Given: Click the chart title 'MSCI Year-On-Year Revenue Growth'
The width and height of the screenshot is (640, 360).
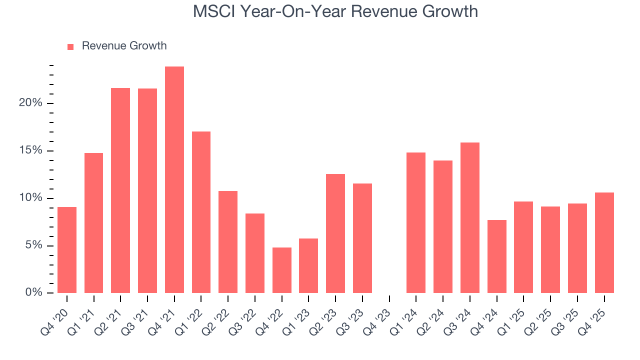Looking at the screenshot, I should point(335,11).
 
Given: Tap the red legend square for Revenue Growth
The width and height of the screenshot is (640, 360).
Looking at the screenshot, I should point(70,46).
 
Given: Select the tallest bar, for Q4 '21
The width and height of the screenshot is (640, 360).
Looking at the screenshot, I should point(174,179).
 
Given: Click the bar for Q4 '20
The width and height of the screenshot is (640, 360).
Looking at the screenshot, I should point(67,249).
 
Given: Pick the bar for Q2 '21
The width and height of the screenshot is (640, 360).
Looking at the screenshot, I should point(120,190).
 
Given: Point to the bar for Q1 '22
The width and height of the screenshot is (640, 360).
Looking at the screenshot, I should point(201,212).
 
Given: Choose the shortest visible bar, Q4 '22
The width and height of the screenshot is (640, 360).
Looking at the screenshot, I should point(281,270).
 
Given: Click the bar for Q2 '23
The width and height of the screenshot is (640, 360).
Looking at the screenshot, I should point(335,233).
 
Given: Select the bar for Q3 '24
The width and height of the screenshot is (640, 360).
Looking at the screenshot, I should point(469,217).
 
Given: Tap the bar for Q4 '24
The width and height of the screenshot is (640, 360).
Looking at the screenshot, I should point(496,256).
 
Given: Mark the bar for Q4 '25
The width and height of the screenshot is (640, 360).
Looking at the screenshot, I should point(604,242).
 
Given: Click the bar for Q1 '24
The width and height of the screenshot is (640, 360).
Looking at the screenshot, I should point(416,222).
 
